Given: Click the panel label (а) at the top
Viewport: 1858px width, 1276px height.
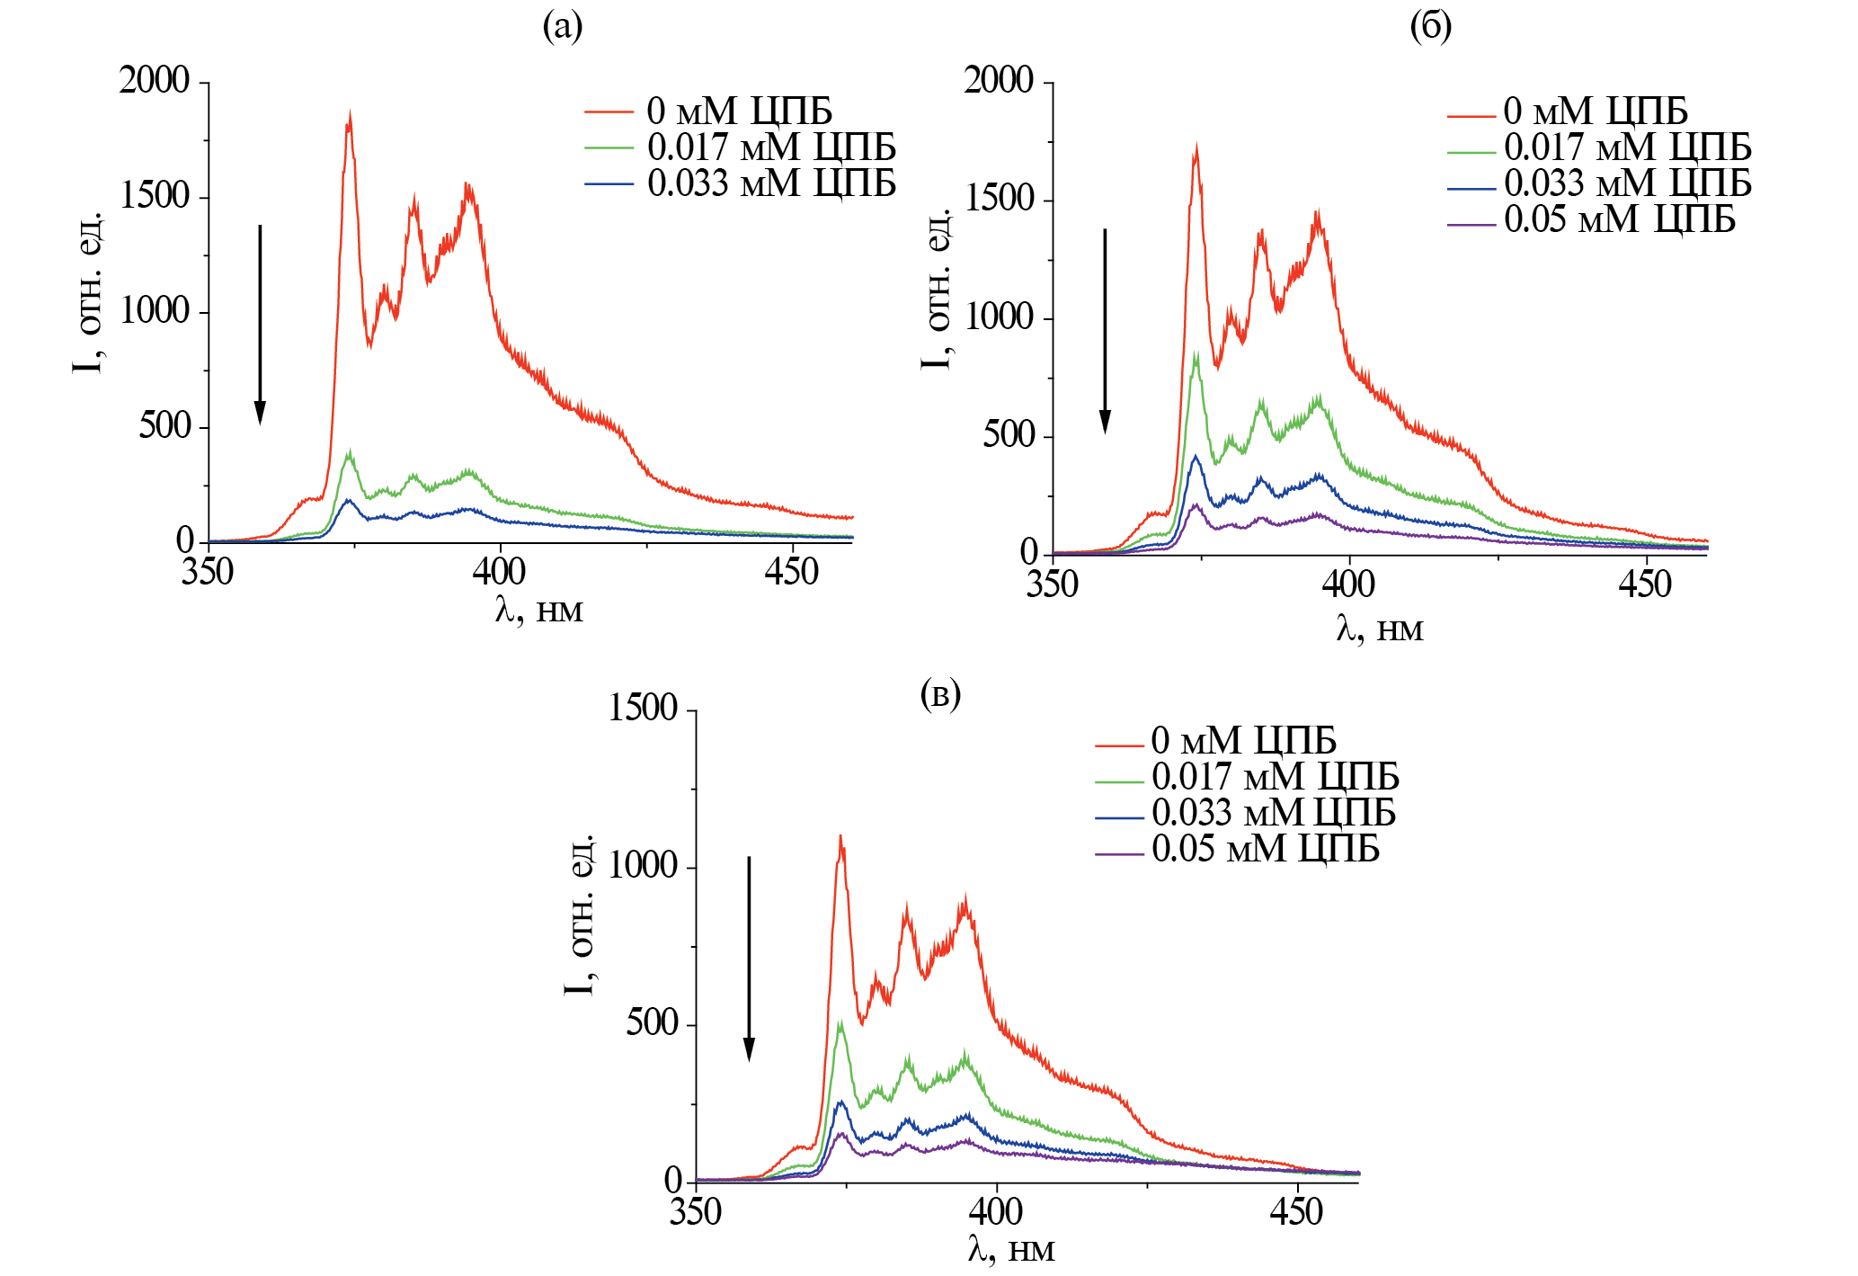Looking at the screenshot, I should click(563, 27).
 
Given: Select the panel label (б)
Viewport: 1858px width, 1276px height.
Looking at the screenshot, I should click(1430, 27).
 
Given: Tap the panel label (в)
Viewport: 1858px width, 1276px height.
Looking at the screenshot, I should click(941, 694).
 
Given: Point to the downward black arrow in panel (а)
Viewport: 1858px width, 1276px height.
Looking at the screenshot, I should click(260, 324).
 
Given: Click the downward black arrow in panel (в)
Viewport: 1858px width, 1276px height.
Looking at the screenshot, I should click(749, 959).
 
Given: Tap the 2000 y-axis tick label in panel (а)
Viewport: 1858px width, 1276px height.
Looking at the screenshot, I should click(155, 81).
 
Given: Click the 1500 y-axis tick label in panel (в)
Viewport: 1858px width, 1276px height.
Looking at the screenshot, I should click(643, 709).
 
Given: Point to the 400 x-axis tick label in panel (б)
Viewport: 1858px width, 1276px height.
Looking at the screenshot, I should click(1348, 584).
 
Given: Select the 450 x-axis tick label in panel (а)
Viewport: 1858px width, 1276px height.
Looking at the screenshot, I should click(792, 572).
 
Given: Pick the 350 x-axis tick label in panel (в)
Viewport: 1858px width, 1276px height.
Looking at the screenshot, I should click(696, 1212).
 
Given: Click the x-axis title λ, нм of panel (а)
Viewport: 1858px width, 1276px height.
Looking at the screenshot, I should click(539, 611).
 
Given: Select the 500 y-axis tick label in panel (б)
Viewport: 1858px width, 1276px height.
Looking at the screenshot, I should click(1008, 435).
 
